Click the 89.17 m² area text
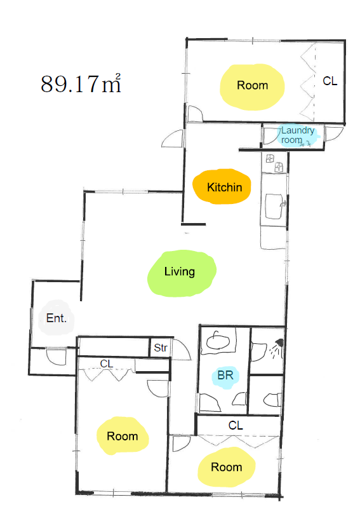pos(81,83)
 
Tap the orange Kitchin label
pos(224,187)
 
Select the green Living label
pos(179,272)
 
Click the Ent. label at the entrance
pos(56,318)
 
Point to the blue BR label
pos(225,375)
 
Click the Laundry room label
pos(298,135)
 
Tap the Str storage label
pos(161,348)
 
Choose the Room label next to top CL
pos(252,85)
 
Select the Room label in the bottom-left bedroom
pos(123,436)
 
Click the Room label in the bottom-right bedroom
pos(226,467)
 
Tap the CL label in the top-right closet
pos(330,81)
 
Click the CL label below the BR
pos(236,425)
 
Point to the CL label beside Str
pos(107,364)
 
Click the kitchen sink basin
pos(274,206)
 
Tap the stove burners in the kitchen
pos(274,163)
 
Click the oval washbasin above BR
pos(218,342)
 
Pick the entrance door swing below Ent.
pos(55,357)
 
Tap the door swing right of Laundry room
pos(334,134)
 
